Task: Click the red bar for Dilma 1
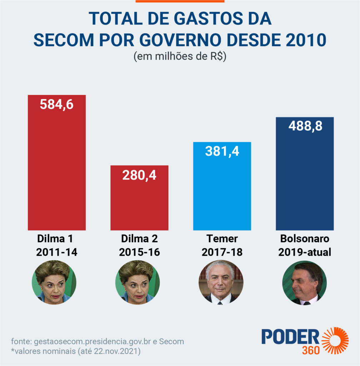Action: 57,168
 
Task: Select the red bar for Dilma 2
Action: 139,204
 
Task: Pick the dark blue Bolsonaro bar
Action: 305,179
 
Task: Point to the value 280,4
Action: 139,175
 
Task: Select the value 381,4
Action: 222,151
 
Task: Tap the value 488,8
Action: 305,126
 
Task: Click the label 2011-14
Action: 57,252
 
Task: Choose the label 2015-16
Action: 139,252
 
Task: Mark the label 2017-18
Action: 222,252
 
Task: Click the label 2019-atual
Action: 305,252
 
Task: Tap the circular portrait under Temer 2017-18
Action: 221,282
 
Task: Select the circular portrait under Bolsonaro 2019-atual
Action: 305,283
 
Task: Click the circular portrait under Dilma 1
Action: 54,282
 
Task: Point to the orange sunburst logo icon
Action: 335,340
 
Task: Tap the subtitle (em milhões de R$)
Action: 180,57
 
